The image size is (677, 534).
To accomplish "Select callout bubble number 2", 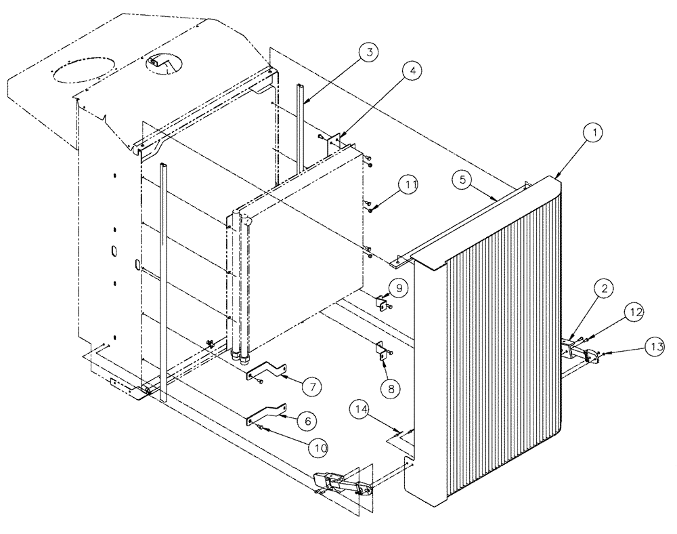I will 605,288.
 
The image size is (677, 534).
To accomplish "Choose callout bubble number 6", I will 308,421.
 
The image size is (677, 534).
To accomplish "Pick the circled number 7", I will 311,387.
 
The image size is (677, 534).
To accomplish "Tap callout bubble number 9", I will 398,288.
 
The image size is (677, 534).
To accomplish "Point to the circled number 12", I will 634,312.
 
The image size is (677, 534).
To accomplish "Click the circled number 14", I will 360,409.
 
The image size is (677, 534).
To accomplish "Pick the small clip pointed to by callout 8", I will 382,349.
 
